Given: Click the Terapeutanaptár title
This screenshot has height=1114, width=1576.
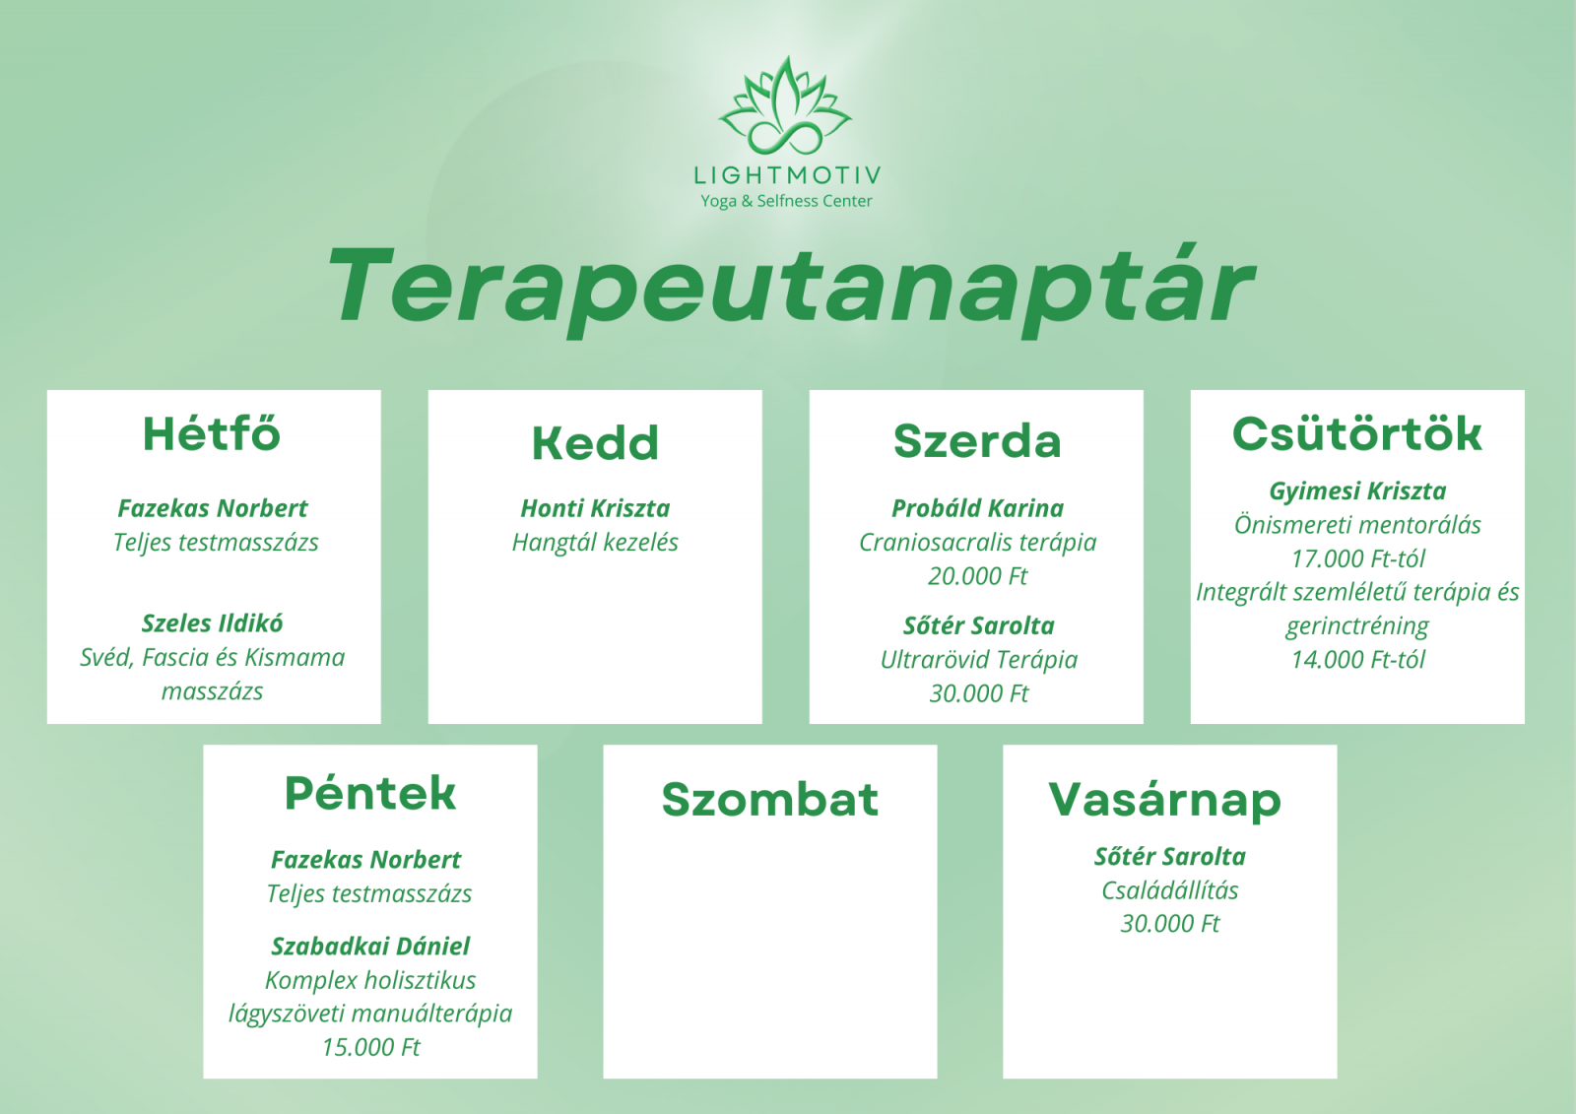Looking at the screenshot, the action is (x=789, y=290).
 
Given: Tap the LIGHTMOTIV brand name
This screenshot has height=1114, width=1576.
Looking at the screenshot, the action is (x=787, y=175).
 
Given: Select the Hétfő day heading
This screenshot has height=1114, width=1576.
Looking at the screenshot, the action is (x=212, y=433).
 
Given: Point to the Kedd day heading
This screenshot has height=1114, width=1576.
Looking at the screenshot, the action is (x=595, y=442).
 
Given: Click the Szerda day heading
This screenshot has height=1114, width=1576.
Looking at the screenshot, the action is (x=976, y=441).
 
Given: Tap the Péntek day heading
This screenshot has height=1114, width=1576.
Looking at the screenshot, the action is (x=370, y=793).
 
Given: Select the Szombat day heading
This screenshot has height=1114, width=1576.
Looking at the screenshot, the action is (x=769, y=800).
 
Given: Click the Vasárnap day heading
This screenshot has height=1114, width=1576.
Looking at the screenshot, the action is (x=1165, y=800).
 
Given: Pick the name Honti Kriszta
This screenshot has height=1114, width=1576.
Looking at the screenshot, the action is (x=595, y=508).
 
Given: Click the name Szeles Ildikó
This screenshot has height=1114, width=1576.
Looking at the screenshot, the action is (x=213, y=623).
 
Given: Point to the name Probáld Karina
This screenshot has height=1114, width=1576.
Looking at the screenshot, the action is (x=977, y=508).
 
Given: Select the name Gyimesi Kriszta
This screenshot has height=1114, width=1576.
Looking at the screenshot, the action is (x=1357, y=491).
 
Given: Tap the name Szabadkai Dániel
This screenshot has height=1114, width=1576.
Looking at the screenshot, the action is (x=370, y=946).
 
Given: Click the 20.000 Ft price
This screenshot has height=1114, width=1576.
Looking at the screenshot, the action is (x=977, y=575).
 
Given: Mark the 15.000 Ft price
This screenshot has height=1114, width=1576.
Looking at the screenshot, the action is (x=370, y=1047).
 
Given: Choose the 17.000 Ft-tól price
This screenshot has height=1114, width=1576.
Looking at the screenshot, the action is (x=1358, y=558).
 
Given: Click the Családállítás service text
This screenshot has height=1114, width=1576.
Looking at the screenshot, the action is (x=1169, y=890).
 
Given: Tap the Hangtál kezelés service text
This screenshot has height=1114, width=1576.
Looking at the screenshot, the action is (x=595, y=542).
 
